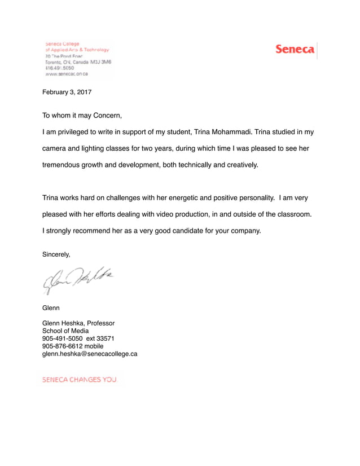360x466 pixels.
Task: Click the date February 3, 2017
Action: (67, 91)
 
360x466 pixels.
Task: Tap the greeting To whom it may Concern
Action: (82, 116)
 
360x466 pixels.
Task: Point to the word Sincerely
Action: (56, 254)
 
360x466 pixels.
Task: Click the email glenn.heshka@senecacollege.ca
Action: (90, 354)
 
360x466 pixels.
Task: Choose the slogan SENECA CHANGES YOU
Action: (80, 380)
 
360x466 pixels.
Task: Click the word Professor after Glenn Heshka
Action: (99, 323)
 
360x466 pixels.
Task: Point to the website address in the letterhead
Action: (66, 73)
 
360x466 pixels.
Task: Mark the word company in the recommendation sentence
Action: (244, 231)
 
